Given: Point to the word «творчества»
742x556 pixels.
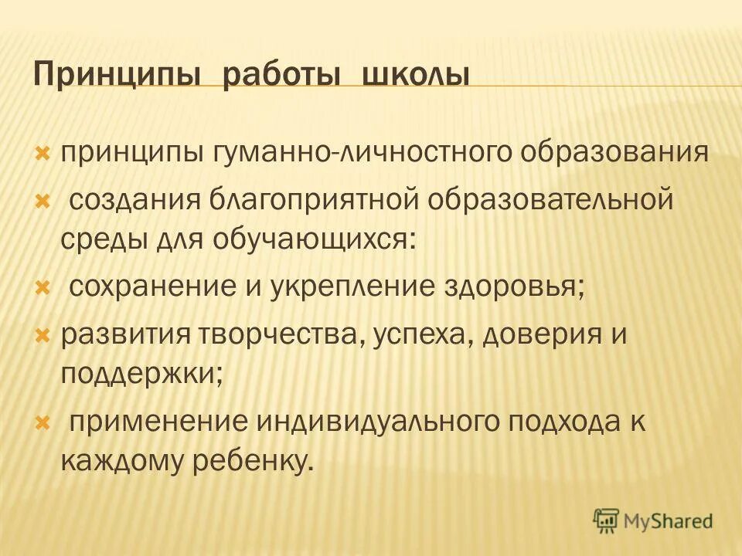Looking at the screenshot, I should [x=284, y=337].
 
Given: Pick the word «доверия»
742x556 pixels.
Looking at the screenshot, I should [x=542, y=337].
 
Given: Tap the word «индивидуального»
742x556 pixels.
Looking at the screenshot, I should [x=386, y=422].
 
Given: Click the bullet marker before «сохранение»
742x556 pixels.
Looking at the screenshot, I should [x=43, y=288].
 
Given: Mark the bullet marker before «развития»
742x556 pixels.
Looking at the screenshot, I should [x=43, y=337].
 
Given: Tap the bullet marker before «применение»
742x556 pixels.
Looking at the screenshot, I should [x=43, y=423].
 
